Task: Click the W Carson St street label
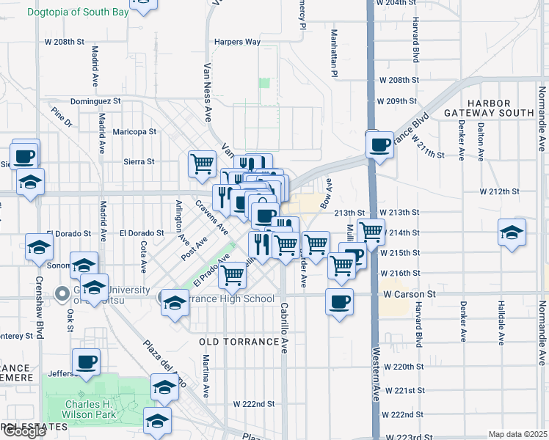point(410,294)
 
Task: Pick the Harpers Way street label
point(237,42)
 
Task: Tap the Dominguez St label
point(95,101)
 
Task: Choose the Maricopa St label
point(134,132)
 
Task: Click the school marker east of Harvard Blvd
point(512,232)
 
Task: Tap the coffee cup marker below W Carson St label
point(339,301)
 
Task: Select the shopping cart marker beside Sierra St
point(203,164)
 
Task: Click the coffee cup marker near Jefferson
point(87,361)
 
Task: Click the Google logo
point(24,431)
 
